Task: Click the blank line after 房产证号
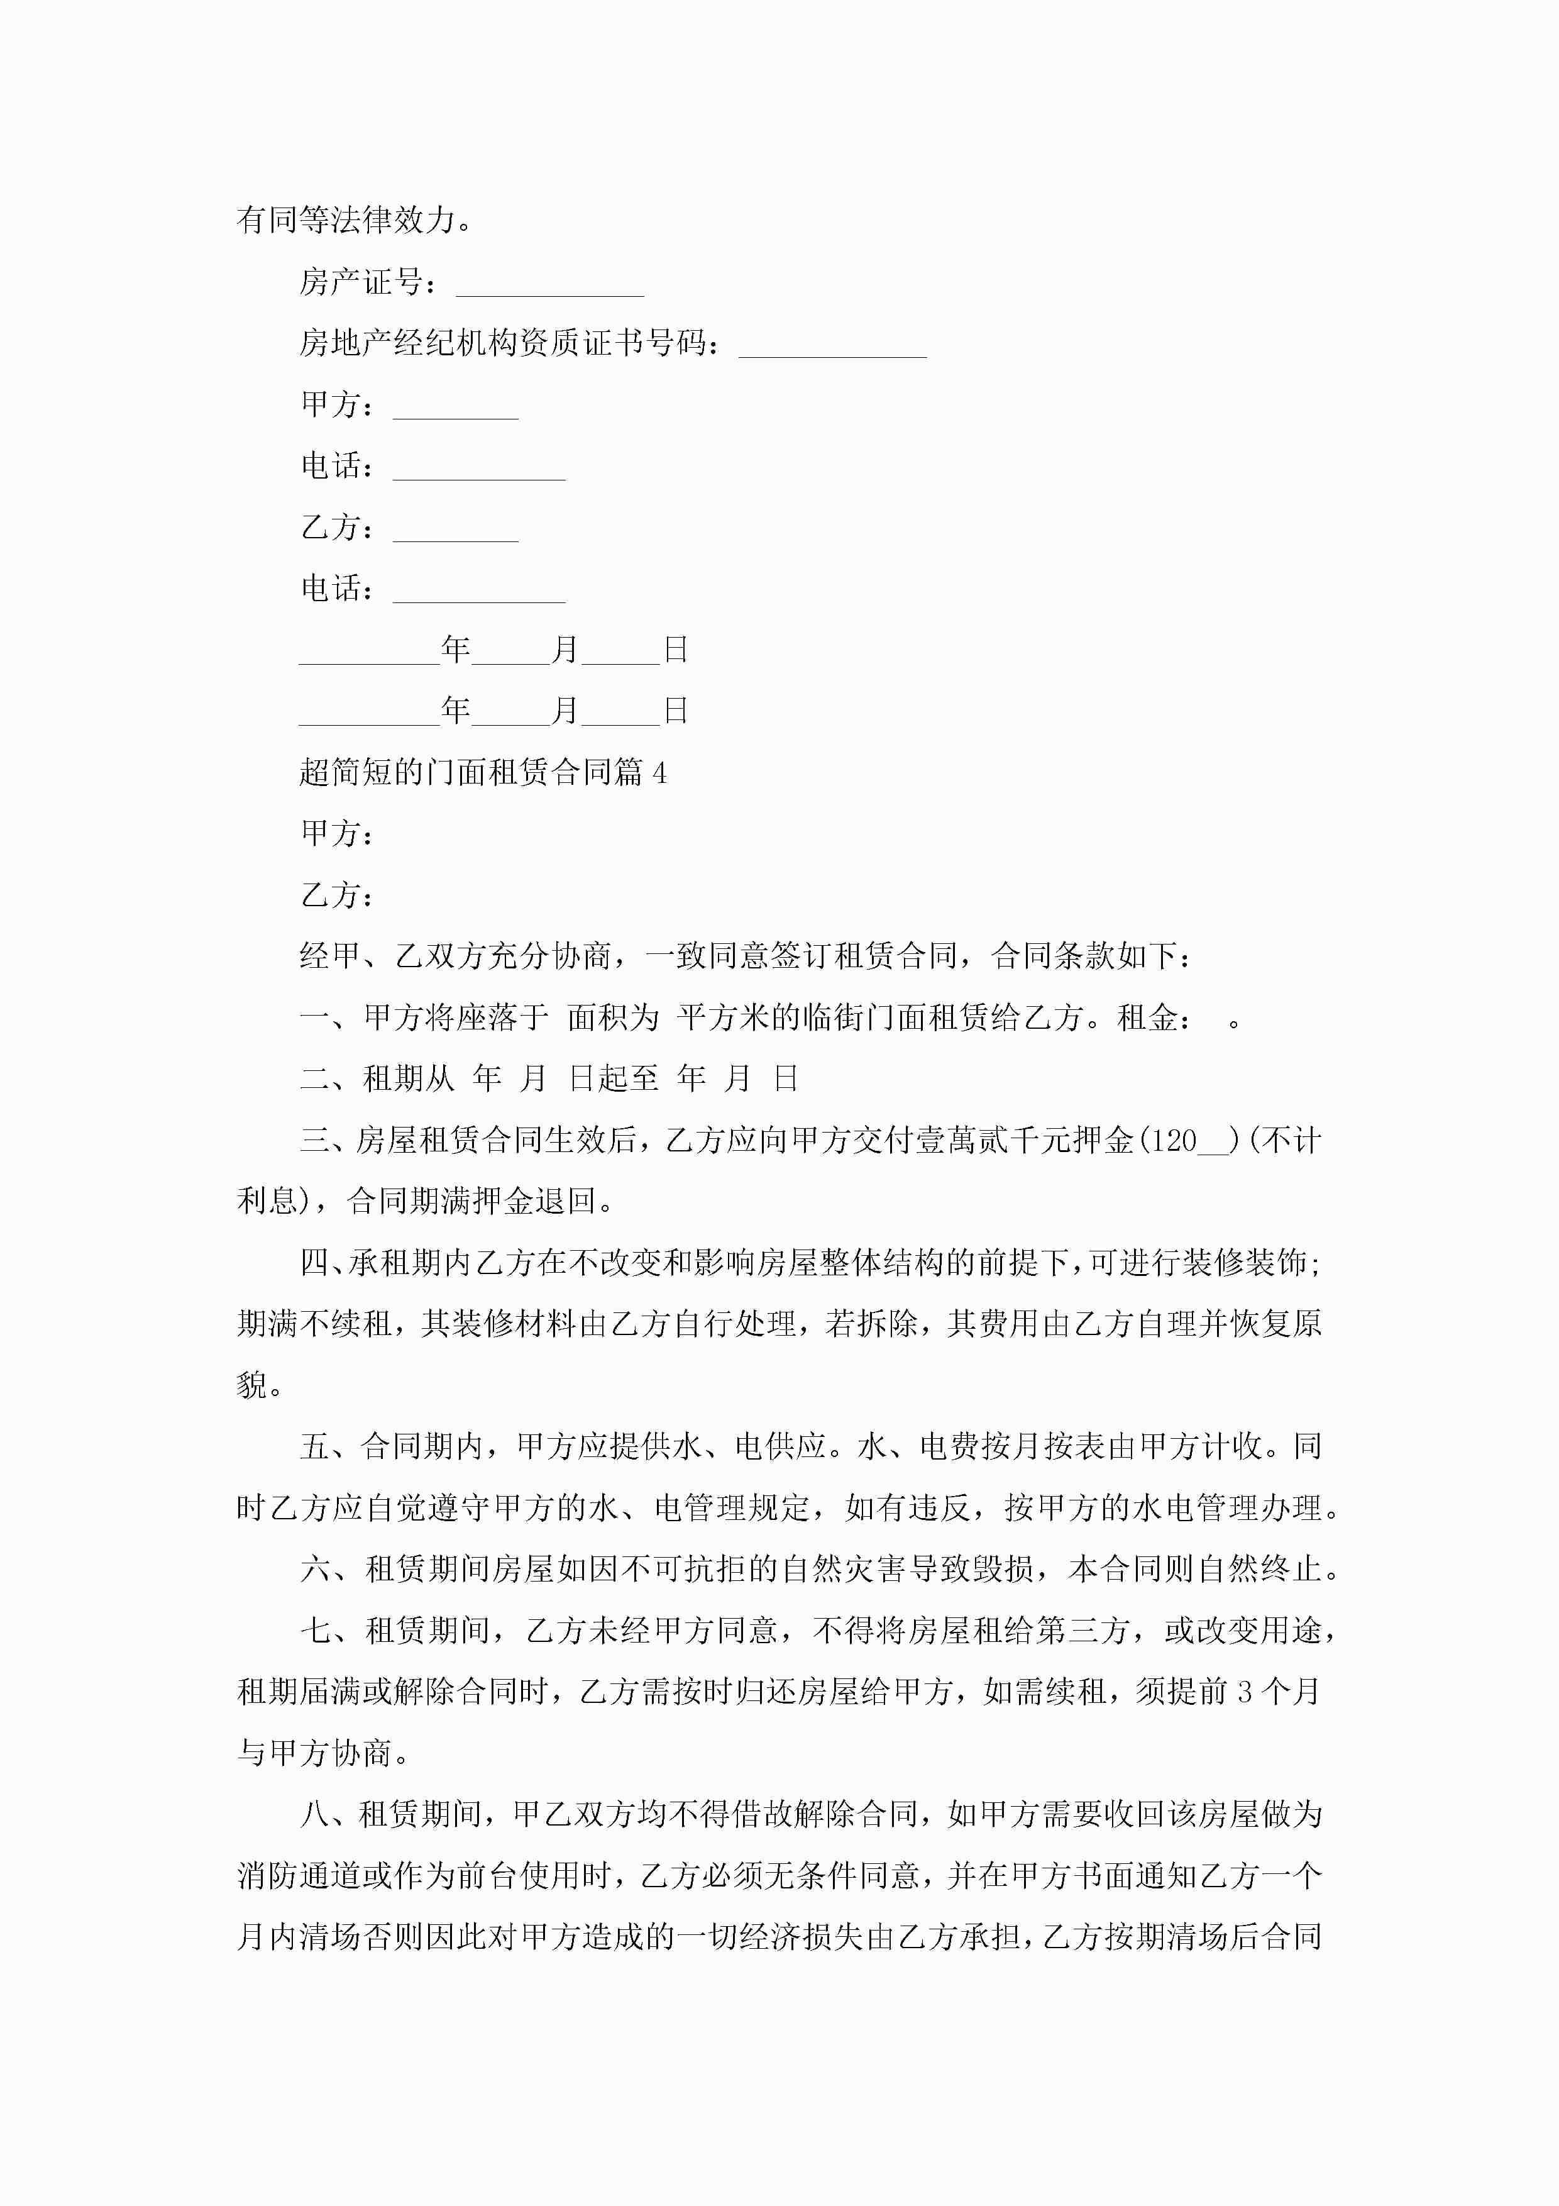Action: pos(549,288)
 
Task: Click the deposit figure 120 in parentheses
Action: pos(1172,1141)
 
